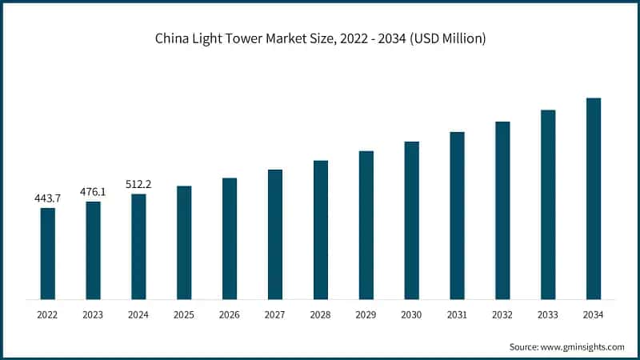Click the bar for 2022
[x=48, y=254]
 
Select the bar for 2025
[x=184, y=242]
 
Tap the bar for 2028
[x=321, y=230]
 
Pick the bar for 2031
[x=457, y=215]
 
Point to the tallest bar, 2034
[x=594, y=198]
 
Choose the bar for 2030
[x=411, y=220]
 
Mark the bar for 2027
[x=275, y=234]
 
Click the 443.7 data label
[x=48, y=198]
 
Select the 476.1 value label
[x=93, y=191]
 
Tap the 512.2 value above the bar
[x=138, y=184]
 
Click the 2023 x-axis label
[x=93, y=315]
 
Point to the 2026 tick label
[x=230, y=315]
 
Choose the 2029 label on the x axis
[x=366, y=315]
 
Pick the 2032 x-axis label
[x=502, y=315]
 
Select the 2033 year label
[x=548, y=315]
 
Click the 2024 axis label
[x=138, y=315]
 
